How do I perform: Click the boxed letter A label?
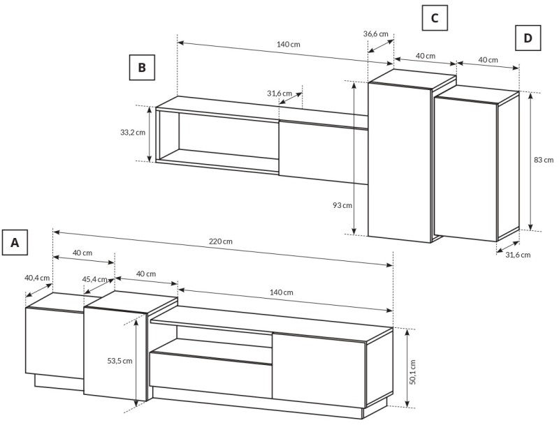15,242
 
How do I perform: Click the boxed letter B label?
142,67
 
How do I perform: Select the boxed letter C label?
435,18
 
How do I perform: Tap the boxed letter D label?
528,38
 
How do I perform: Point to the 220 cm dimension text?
221,241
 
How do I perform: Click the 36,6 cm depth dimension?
376,34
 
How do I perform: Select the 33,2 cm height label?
133,133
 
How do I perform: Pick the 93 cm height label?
342,205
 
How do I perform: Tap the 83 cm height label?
544,161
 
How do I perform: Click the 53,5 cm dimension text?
119,361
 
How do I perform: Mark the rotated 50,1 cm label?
412,372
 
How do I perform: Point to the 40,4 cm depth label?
37,278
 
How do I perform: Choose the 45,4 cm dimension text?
95,279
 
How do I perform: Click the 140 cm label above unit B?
289,45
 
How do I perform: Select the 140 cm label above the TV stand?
282,292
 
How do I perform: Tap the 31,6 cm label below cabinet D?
518,255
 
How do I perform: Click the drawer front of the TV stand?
211,375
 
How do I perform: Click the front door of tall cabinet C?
400,163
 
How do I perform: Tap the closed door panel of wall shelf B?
324,153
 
